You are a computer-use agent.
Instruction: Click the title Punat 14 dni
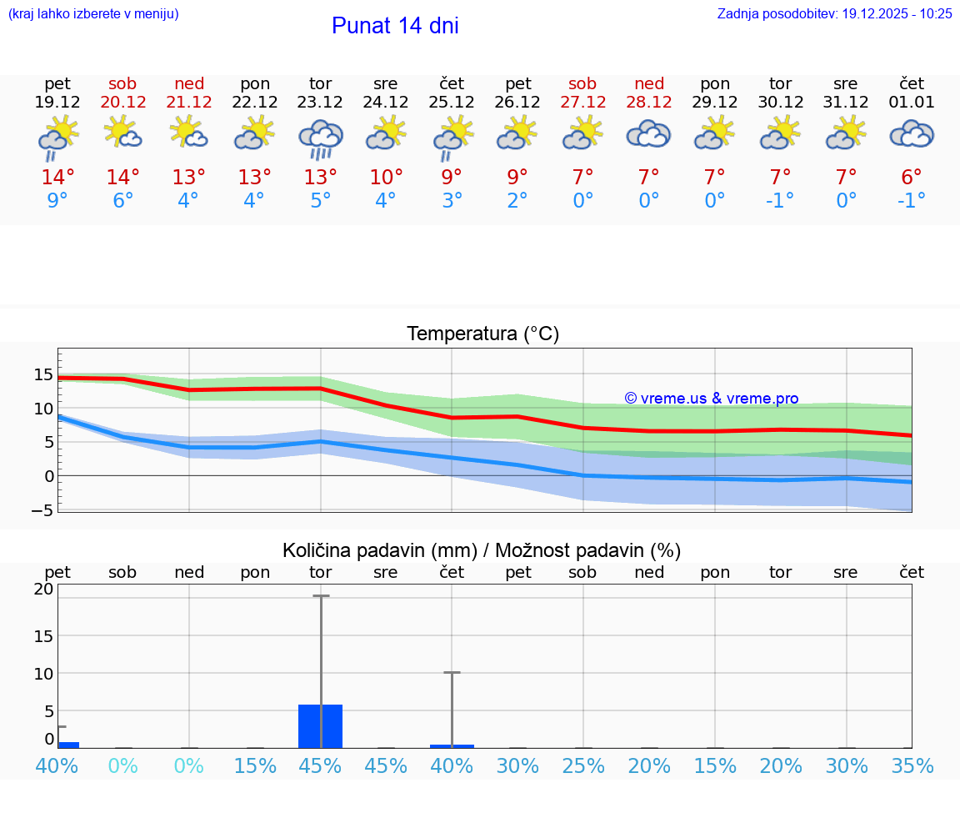pyautogui.click(x=395, y=26)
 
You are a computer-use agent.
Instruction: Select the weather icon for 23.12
pyautogui.click(x=321, y=138)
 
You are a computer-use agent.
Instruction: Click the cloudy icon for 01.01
pyautogui.click(x=912, y=134)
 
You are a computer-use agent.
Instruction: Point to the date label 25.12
pyautogui.click(x=452, y=103)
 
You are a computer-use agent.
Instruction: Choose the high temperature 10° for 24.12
pyautogui.click(x=386, y=178)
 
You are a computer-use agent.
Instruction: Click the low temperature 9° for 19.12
pyautogui.click(x=57, y=200)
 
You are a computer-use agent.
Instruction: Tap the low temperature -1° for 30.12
pyautogui.click(x=780, y=200)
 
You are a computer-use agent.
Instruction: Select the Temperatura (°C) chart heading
pyautogui.click(x=482, y=334)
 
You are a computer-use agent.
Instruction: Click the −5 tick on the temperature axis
pyautogui.click(x=43, y=510)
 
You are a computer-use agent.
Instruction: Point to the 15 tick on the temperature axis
pyautogui.click(x=44, y=374)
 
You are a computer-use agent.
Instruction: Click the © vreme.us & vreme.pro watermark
pyautogui.click(x=711, y=399)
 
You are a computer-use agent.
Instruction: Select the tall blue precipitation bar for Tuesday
pyautogui.click(x=321, y=726)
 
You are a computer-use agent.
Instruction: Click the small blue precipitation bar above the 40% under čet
pyautogui.click(x=452, y=745)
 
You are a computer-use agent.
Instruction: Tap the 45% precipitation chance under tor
pyautogui.click(x=321, y=765)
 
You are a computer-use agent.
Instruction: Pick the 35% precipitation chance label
pyautogui.click(x=912, y=765)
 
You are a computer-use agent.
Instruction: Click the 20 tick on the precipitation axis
pyautogui.click(x=44, y=589)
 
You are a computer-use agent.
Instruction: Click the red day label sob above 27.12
pyautogui.click(x=582, y=83)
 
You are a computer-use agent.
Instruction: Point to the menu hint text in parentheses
pyautogui.click(x=93, y=13)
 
